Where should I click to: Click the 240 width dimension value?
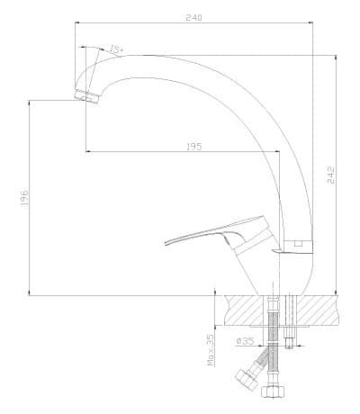click(x=193, y=17)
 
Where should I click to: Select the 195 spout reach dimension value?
click(x=194, y=147)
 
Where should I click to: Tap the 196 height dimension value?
click(x=24, y=197)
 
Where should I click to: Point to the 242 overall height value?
click(x=330, y=175)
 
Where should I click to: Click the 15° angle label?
click(x=116, y=49)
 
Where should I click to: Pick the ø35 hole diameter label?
click(x=245, y=341)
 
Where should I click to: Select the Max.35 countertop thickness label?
click(x=211, y=350)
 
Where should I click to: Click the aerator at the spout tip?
click(x=86, y=96)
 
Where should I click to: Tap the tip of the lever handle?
click(x=166, y=243)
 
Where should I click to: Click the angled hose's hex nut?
click(x=247, y=379)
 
